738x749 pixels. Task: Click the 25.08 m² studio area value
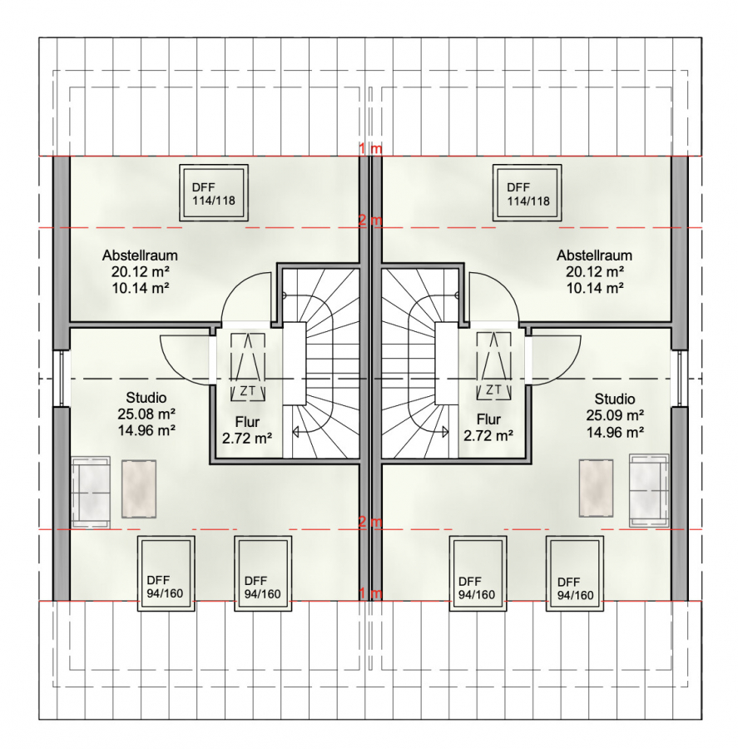[x=146, y=414]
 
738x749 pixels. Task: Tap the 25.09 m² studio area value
[x=615, y=415]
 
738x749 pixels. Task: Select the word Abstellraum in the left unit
[x=140, y=255]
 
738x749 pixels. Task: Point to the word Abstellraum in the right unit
[x=594, y=255]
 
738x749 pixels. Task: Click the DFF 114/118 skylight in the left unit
[x=214, y=193]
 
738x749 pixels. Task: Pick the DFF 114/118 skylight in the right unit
[x=527, y=193]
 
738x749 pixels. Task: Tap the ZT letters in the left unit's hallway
[x=247, y=392]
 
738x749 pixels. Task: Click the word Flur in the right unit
[x=488, y=419]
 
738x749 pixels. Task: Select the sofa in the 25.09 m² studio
[x=649, y=490]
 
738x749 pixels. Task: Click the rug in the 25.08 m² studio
[x=139, y=489]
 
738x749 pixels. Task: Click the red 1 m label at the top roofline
[x=371, y=149]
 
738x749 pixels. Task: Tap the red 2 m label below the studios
[x=371, y=522]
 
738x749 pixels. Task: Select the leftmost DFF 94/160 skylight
[x=166, y=573]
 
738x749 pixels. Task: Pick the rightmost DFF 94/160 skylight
[x=575, y=573]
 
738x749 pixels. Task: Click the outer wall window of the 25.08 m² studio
[x=61, y=379]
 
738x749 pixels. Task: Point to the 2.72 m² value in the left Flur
[x=247, y=438]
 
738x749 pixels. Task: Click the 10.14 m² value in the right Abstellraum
[x=595, y=288]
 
